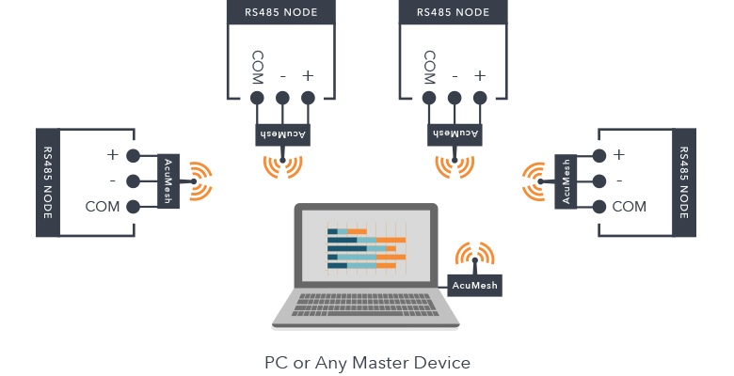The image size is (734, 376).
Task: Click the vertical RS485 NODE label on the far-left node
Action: [x=47, y=181]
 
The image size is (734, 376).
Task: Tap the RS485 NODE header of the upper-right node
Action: [x=453, y=12]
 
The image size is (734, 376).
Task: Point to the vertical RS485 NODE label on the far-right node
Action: [x=683, y=181]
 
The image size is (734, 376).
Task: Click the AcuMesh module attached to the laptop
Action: [x=474, y=285]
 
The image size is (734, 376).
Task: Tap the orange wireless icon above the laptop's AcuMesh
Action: [x=474, y=256]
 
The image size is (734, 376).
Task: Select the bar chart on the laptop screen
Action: [x=366, y=249]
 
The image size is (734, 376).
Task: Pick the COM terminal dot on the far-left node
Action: [x=133, y=207]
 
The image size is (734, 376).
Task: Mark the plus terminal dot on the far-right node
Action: [x=598, y=155]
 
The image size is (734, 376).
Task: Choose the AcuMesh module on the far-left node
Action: [x=168, y=181]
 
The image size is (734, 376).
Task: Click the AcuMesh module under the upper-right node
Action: [x=455, y=134]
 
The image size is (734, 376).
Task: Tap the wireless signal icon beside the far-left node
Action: [x=199, y=181]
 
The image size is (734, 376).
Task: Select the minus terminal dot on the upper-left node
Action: [x=281, y=97]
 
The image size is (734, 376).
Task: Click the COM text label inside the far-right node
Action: [x=629, y=207]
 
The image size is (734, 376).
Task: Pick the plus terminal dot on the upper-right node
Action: [x=480, y=97]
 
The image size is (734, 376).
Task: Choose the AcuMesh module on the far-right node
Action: [x=566, y=181]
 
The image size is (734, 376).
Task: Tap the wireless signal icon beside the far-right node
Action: [x=534, y=181]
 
